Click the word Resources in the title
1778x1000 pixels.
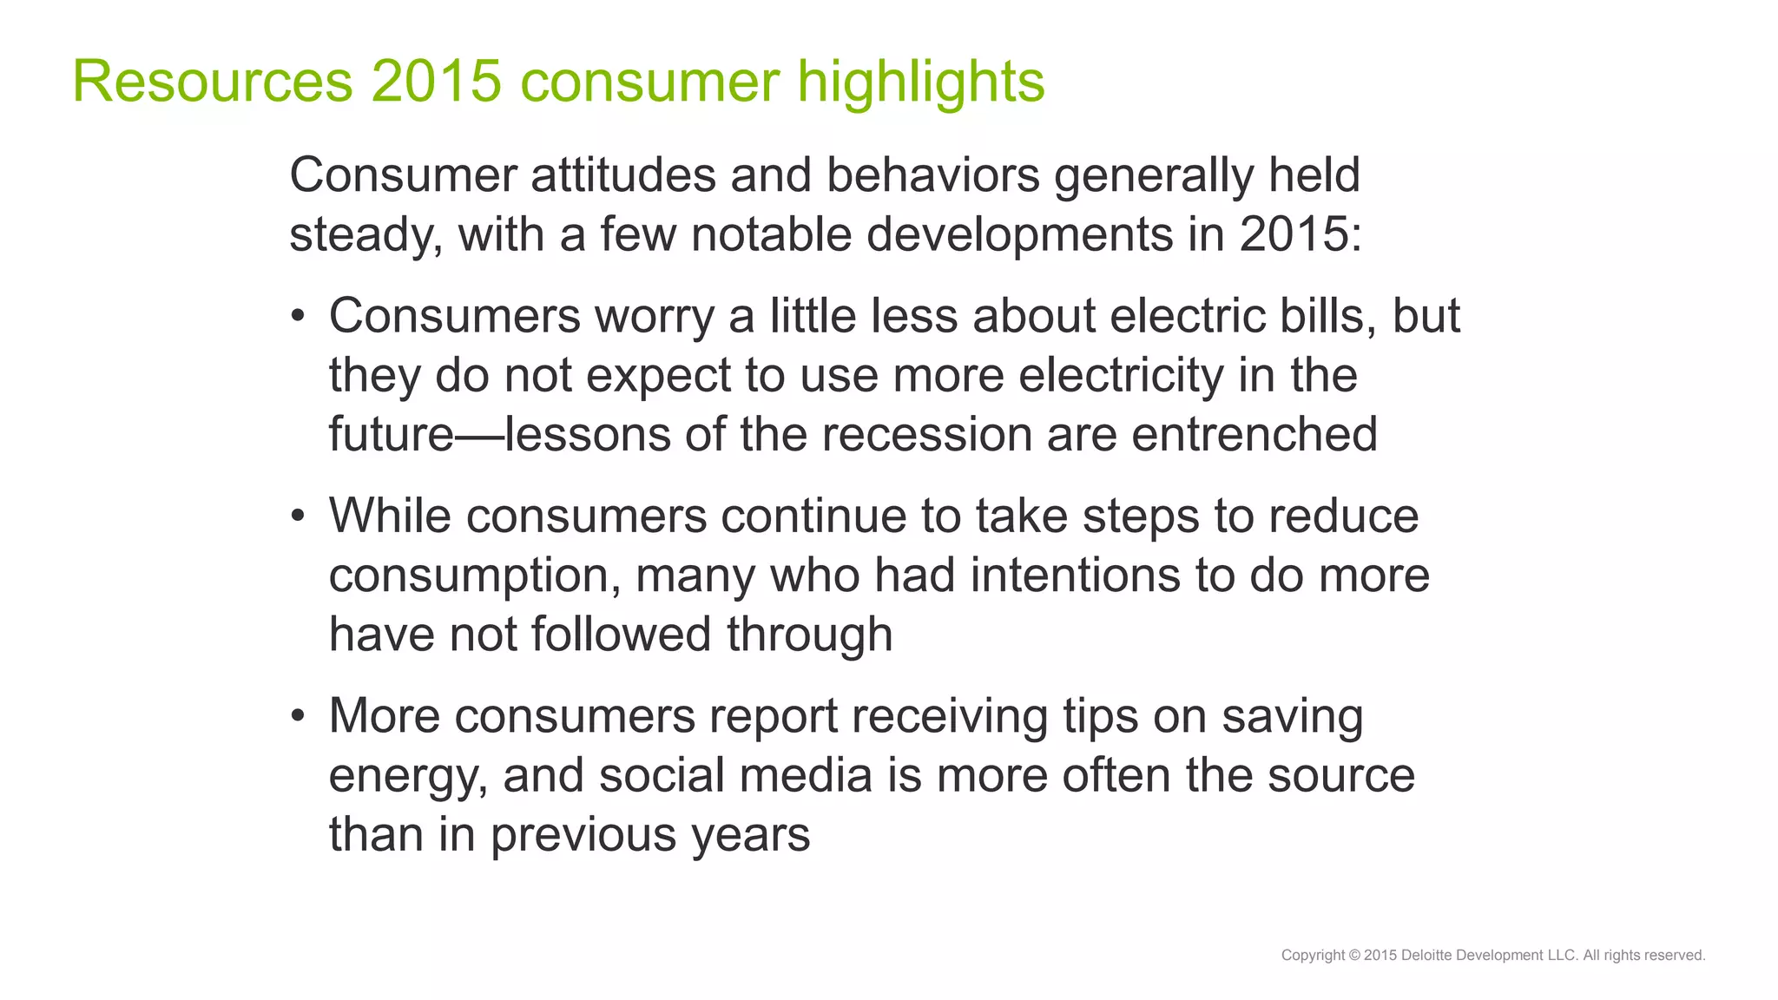212,82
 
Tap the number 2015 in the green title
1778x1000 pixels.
437,82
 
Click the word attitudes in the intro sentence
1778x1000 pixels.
622,175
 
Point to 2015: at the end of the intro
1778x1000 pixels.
1301,234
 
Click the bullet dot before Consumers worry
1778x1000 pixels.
298,317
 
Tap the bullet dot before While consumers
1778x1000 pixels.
298,517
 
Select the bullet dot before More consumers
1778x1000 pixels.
298,717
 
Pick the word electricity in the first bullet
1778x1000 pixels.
1121,375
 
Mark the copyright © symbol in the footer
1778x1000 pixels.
1354,955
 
